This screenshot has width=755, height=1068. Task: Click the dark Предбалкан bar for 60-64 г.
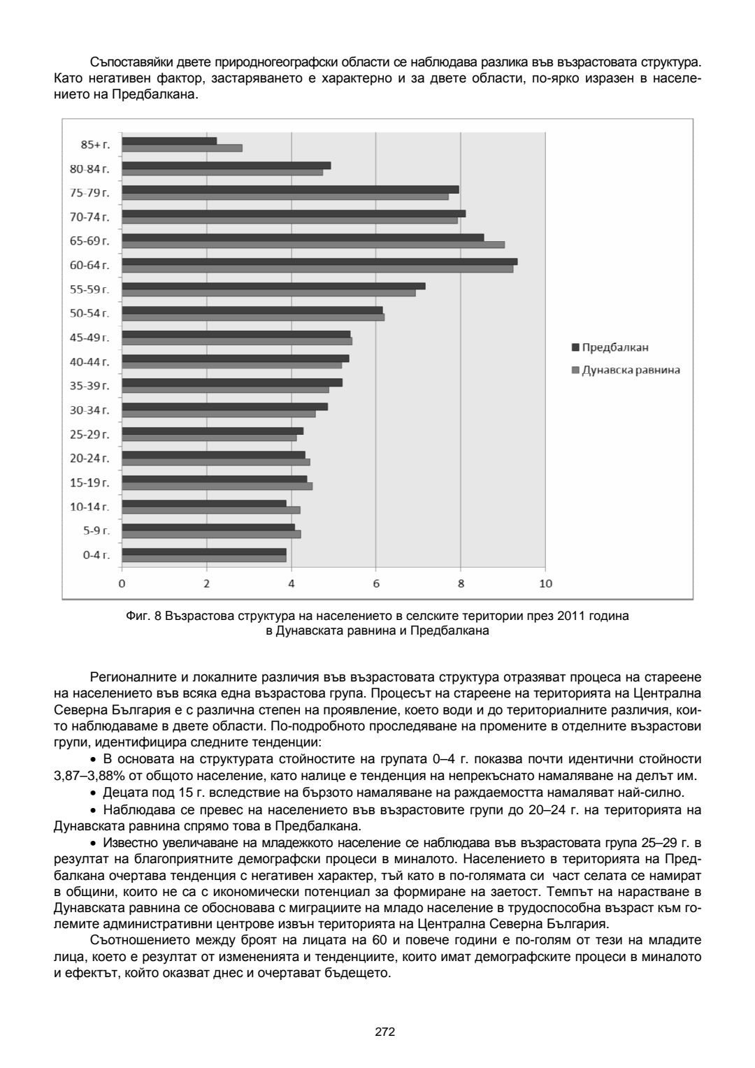point(319,261)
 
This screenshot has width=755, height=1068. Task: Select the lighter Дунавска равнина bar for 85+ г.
point(182,148)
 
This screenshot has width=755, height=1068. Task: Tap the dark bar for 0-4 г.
point(204,551)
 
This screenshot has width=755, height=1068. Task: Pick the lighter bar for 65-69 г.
point(313,245)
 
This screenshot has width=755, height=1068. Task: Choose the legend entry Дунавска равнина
point(625,370)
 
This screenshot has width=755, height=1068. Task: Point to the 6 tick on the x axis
point(376,584)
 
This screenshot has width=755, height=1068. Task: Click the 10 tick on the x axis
point(545,584)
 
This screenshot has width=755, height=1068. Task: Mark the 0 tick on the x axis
point(122,584)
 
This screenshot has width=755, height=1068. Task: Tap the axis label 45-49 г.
point(89,338)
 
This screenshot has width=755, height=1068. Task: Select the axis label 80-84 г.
point(89,168)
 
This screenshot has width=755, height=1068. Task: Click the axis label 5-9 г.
point(96,531)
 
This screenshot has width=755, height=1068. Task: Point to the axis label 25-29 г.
point(89,434)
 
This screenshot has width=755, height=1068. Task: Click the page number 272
point(385,1032)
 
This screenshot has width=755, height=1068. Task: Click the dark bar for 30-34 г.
point(225,406)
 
